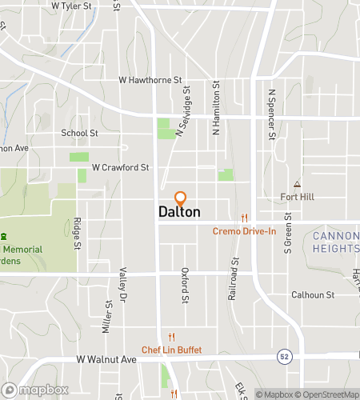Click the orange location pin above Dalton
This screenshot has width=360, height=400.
[x=180, y=198]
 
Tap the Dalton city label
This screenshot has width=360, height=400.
[x=179, y=213]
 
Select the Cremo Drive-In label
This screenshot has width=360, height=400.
[x=244, y=232]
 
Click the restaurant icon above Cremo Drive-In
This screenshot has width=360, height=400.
[x=245, y=218]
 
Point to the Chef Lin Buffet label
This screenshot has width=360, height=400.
[x=172, y=350]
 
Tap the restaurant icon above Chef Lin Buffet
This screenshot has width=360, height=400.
[x=172, y=337]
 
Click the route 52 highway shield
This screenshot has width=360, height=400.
[x=284, y=355]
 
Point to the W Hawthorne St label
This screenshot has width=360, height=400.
[x=151, y=80]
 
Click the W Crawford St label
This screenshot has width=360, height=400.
[x=121, y=168]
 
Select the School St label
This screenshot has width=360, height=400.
[x=79, y=134]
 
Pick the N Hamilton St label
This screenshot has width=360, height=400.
[x=216, y=107]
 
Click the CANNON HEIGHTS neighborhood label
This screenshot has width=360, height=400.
[x=335, y=242]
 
